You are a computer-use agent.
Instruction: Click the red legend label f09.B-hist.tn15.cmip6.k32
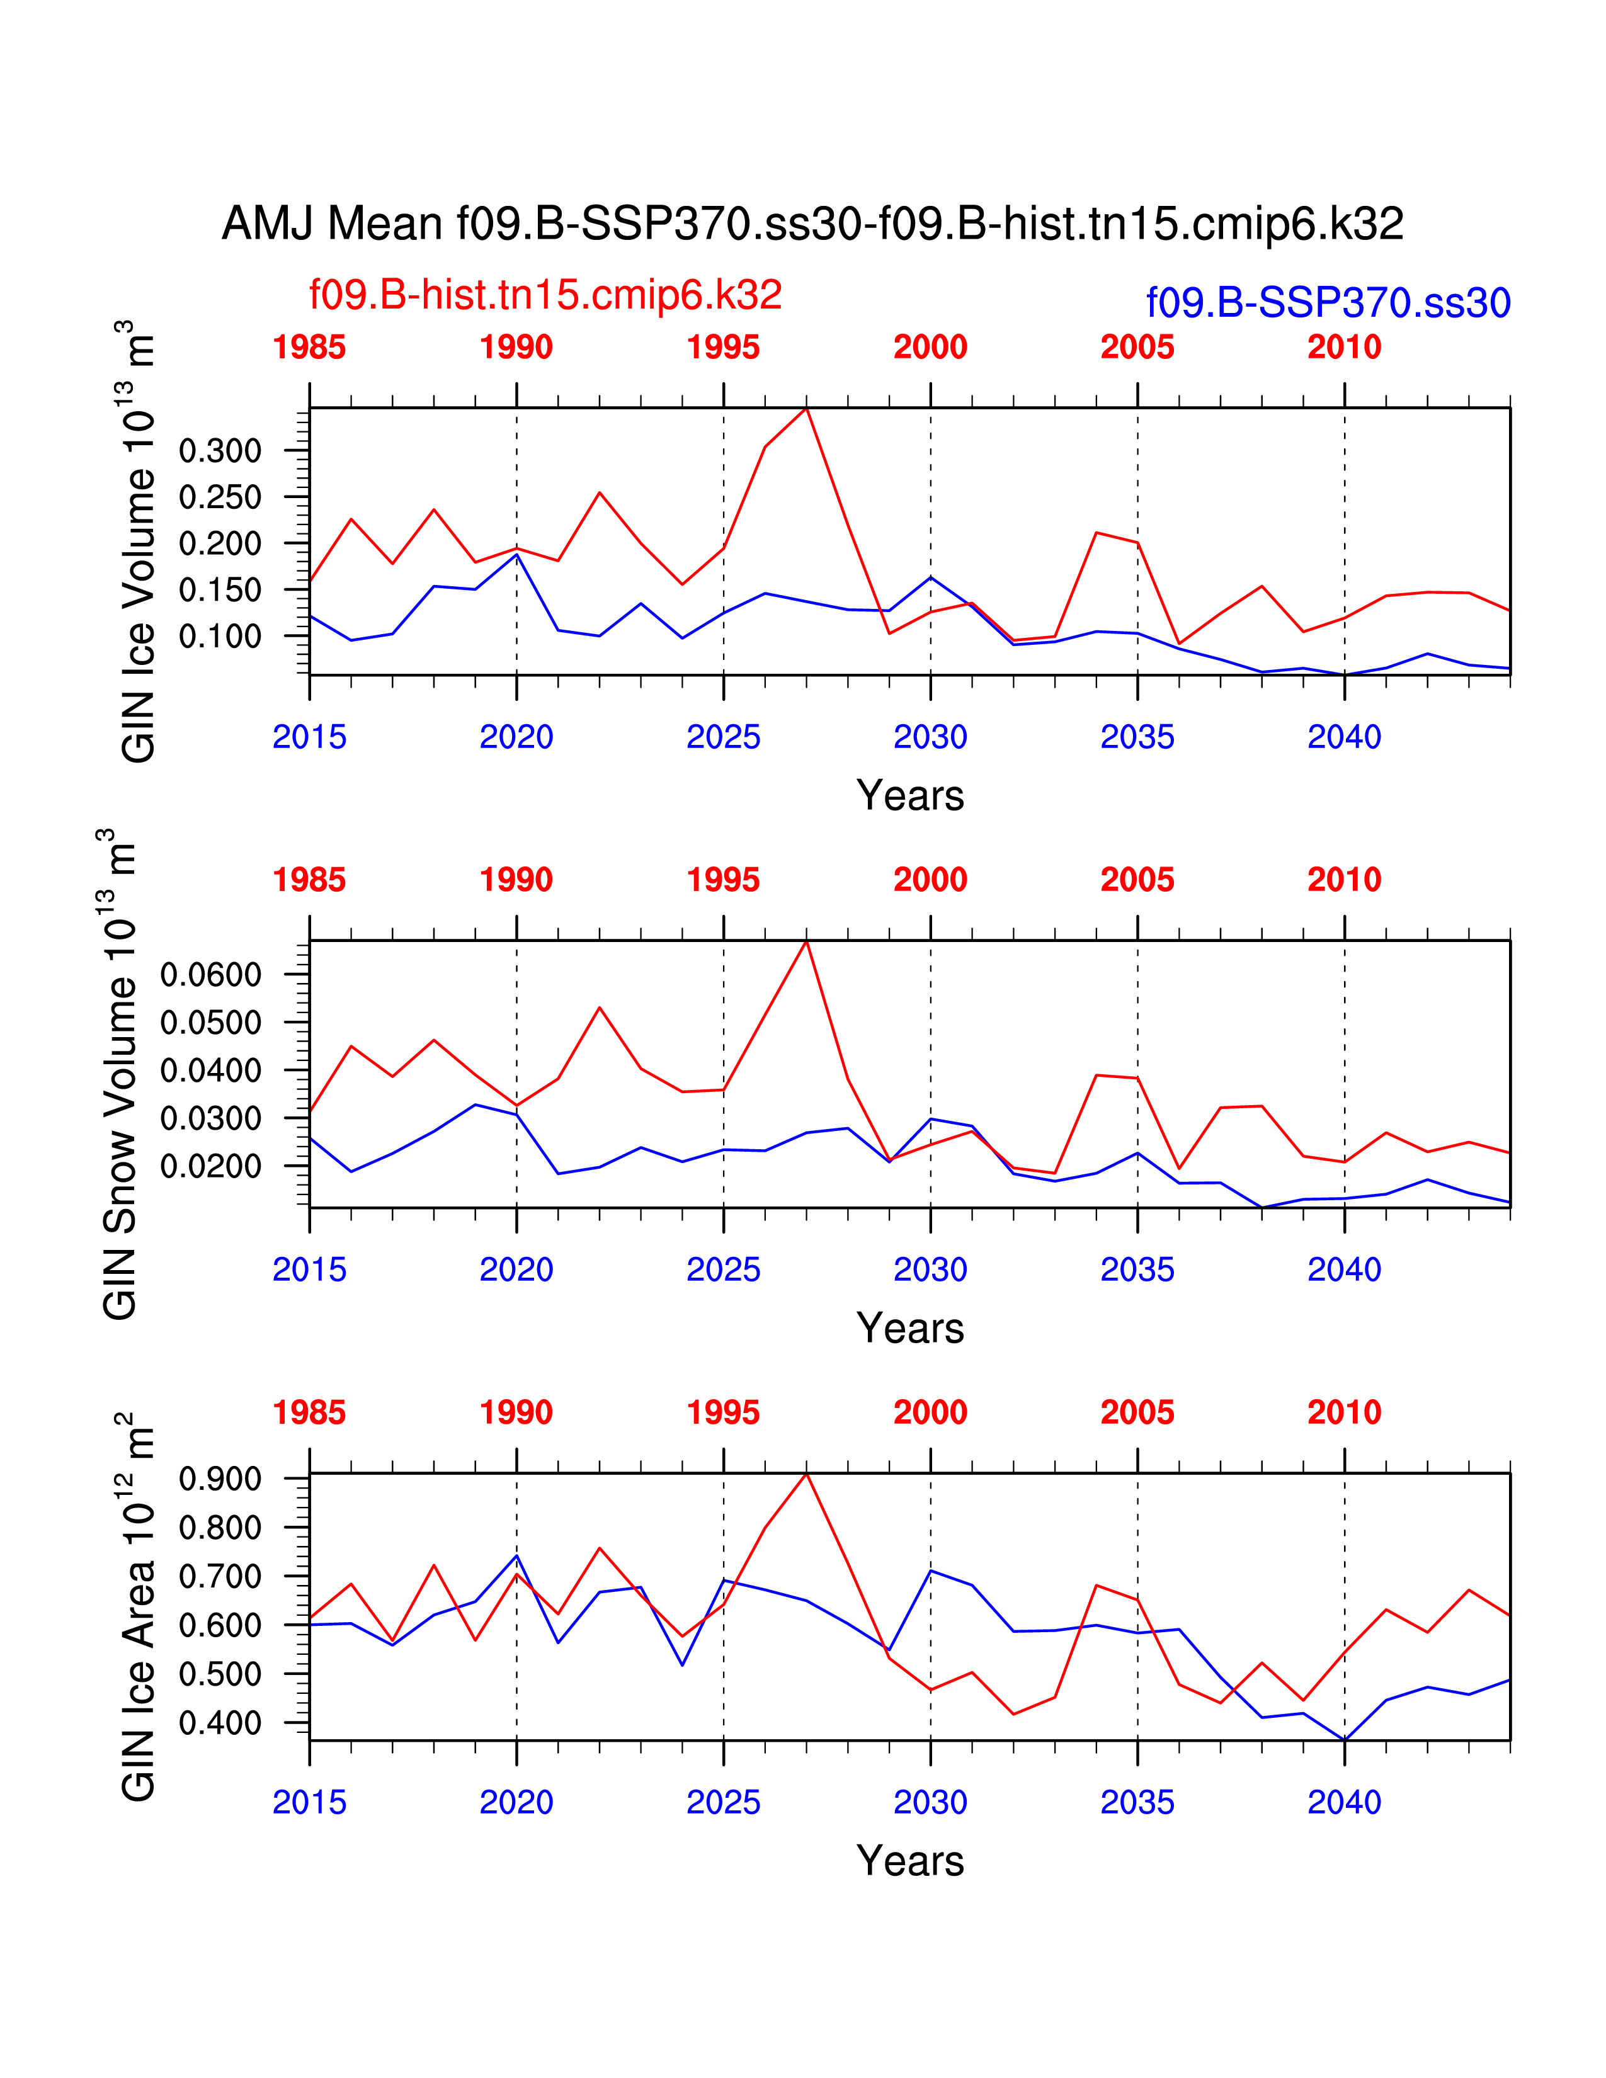click(x=545, y=295)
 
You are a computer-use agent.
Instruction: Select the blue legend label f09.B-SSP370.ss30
click(x=1328, y=302)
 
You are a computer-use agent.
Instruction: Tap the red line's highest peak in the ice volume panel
click(x=807, y=408)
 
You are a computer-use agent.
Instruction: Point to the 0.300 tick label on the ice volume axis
click(x=220, y=451)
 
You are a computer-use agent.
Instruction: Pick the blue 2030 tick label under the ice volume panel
click(x=930, y=737)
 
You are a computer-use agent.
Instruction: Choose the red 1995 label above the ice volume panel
click(x=723, y=348)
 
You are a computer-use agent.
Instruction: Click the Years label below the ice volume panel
click(x=909, y=795)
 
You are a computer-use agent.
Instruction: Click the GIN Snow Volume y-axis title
click(x=120, y=1074)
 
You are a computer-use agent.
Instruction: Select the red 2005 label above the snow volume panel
click(x=1137, y=880)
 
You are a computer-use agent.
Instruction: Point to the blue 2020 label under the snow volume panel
click(x=516, y=1269)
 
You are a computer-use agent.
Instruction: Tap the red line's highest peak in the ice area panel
click(x=807, y=1474)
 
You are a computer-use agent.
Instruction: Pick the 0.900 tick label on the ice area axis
click(x=220, y=1480)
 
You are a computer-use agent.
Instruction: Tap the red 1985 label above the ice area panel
click(x=309, y=1413)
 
